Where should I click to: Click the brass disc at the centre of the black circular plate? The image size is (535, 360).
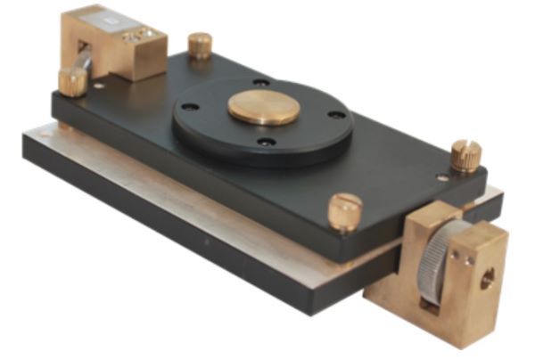tap(263, 108)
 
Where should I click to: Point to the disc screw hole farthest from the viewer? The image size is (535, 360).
tap(260, 83)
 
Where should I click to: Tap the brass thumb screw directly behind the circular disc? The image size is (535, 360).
tap(201, 45)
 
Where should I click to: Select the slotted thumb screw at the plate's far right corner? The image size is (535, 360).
tap(465, 155)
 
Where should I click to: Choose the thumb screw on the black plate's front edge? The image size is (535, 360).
tap(344, 211)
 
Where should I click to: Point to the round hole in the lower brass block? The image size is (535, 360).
tap(487, 280)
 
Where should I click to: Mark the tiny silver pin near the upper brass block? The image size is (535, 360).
tap(96, 86)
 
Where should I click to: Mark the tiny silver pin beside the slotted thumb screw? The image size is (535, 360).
tap(440, 176)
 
